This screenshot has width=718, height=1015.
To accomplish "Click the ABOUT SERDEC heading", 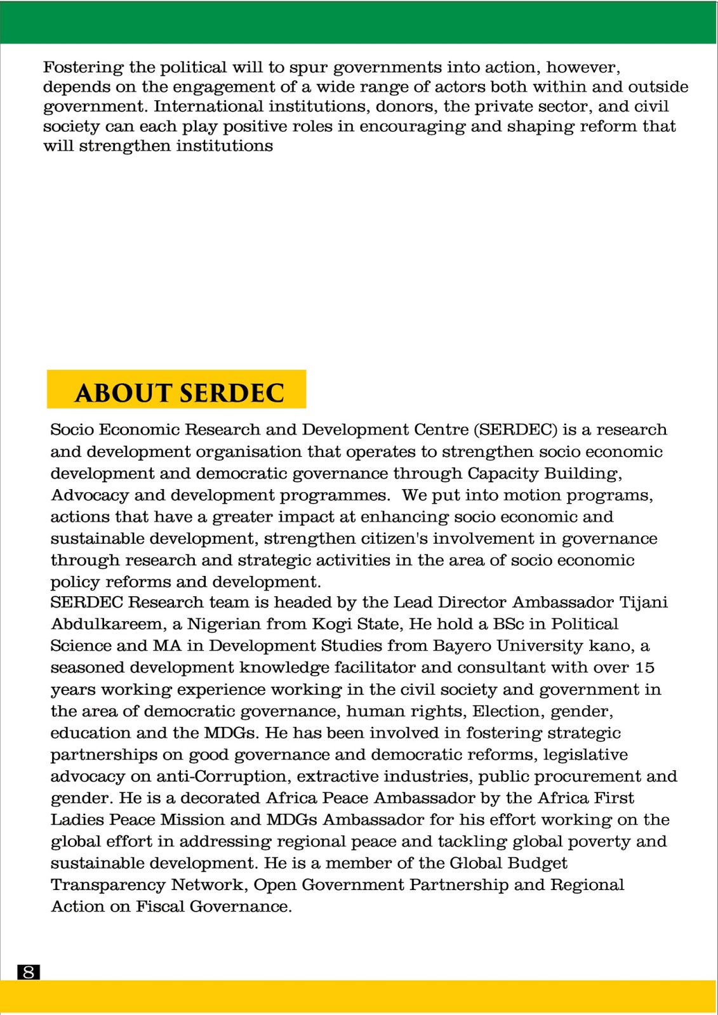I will click(179, 393).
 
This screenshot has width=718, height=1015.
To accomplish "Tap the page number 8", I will click(28, 972).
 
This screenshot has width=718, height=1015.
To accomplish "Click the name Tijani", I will click(643, 602).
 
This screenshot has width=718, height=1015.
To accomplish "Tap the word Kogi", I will click(330, 624).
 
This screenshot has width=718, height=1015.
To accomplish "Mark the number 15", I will click(644, 667).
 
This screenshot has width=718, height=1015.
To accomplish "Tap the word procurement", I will click(589, 776).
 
